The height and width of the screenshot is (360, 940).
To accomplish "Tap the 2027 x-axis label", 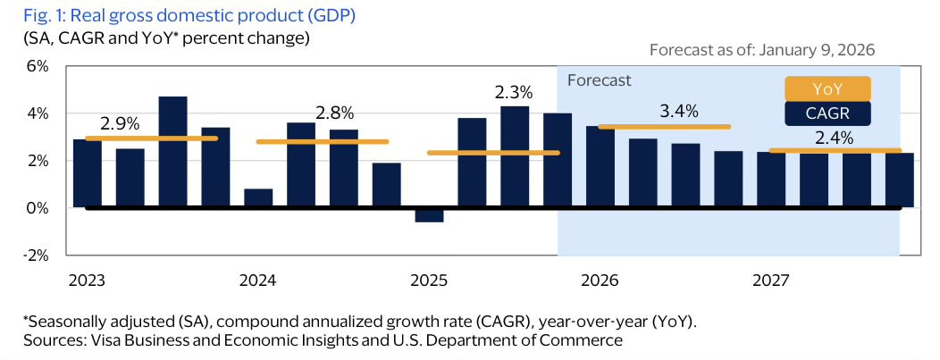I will click(x=770, y=280).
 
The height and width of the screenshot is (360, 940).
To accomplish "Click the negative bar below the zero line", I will click(x=430, y=215).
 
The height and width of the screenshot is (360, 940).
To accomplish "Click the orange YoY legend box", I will click(x=827, y=89).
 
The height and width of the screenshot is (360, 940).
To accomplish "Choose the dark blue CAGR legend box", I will click(x=827, y=114).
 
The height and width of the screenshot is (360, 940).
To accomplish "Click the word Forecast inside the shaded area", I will click(x=600, y=80).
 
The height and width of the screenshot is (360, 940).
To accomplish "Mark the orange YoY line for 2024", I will click(x=323, y=141).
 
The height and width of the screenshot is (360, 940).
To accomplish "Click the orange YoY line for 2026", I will click(x=664, y=127).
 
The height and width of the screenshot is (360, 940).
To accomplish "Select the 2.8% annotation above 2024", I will click(x=335, y=113).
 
